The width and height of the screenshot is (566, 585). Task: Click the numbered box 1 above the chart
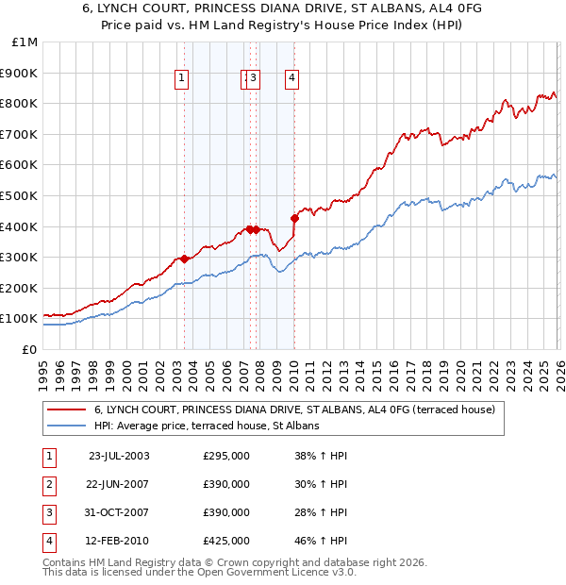tap(181, 78)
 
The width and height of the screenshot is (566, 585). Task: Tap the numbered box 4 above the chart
tap(293, 78)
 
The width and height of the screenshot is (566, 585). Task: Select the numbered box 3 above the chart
tap(256, 78)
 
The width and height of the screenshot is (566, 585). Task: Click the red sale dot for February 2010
tap(293, 219)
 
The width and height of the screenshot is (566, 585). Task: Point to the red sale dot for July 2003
tap(184, 259)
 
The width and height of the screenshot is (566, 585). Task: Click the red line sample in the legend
tap(67, 410)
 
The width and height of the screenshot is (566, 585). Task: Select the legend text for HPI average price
tap(207, 426)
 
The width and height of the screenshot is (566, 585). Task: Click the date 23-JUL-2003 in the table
tap(118, 456)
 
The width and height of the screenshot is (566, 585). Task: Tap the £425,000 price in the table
tap(226, 541)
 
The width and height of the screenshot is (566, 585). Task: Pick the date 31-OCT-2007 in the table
tap(118, 512)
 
